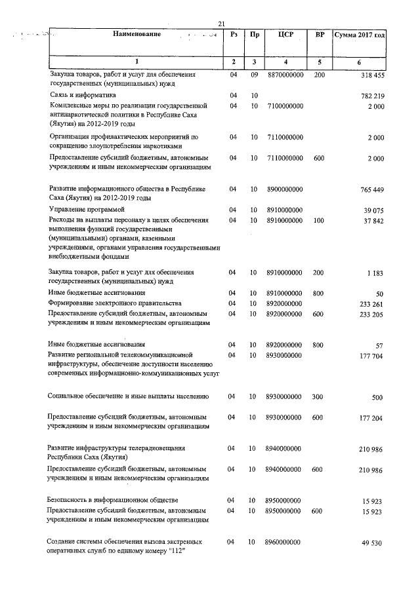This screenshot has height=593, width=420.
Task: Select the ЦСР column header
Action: coord(285,34)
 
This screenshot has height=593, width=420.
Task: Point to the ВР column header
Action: coord(319,34)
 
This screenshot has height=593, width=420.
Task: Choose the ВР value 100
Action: coord(319,221)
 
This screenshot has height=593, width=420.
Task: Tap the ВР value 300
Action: coord(319,396)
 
